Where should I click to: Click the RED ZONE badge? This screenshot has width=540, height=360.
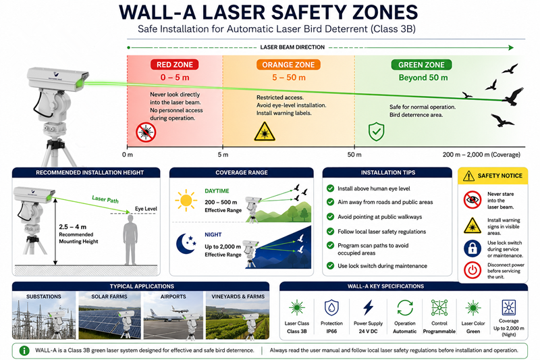coord(175,64)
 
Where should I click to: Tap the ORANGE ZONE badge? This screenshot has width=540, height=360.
coord(288,64)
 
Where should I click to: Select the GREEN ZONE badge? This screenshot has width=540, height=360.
coord(421,64)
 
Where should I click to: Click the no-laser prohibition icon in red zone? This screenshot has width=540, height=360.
coord(146,132)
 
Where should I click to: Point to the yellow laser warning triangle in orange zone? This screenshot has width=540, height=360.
coord(265,132)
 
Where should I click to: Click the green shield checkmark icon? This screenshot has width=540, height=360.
coord(377,131)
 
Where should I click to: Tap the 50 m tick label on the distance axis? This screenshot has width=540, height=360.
coord(354,155)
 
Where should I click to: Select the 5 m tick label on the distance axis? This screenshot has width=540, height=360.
coord(223,155)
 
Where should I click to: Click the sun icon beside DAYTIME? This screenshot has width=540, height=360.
coord(186,200)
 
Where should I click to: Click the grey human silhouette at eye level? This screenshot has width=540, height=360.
coord(130,240)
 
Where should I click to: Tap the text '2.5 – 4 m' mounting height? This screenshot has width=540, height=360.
coord(73,227)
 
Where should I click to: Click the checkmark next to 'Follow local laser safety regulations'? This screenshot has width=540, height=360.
coord(330,231)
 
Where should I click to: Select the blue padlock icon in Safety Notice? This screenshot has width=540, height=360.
coord(472,249)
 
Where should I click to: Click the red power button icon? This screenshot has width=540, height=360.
coord(472,270)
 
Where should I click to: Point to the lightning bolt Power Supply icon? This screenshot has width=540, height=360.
coord(368,307)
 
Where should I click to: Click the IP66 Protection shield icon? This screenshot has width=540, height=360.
coord(331,307)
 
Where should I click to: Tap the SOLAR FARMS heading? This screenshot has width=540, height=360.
coord(109,297)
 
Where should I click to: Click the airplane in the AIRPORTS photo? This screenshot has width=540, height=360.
coord(162,315)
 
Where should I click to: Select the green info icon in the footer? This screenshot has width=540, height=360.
coord(24,351)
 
